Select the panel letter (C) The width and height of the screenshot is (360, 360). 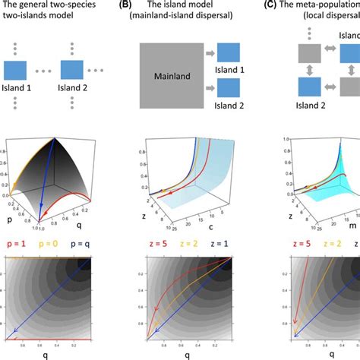click(x=287, y=5)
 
